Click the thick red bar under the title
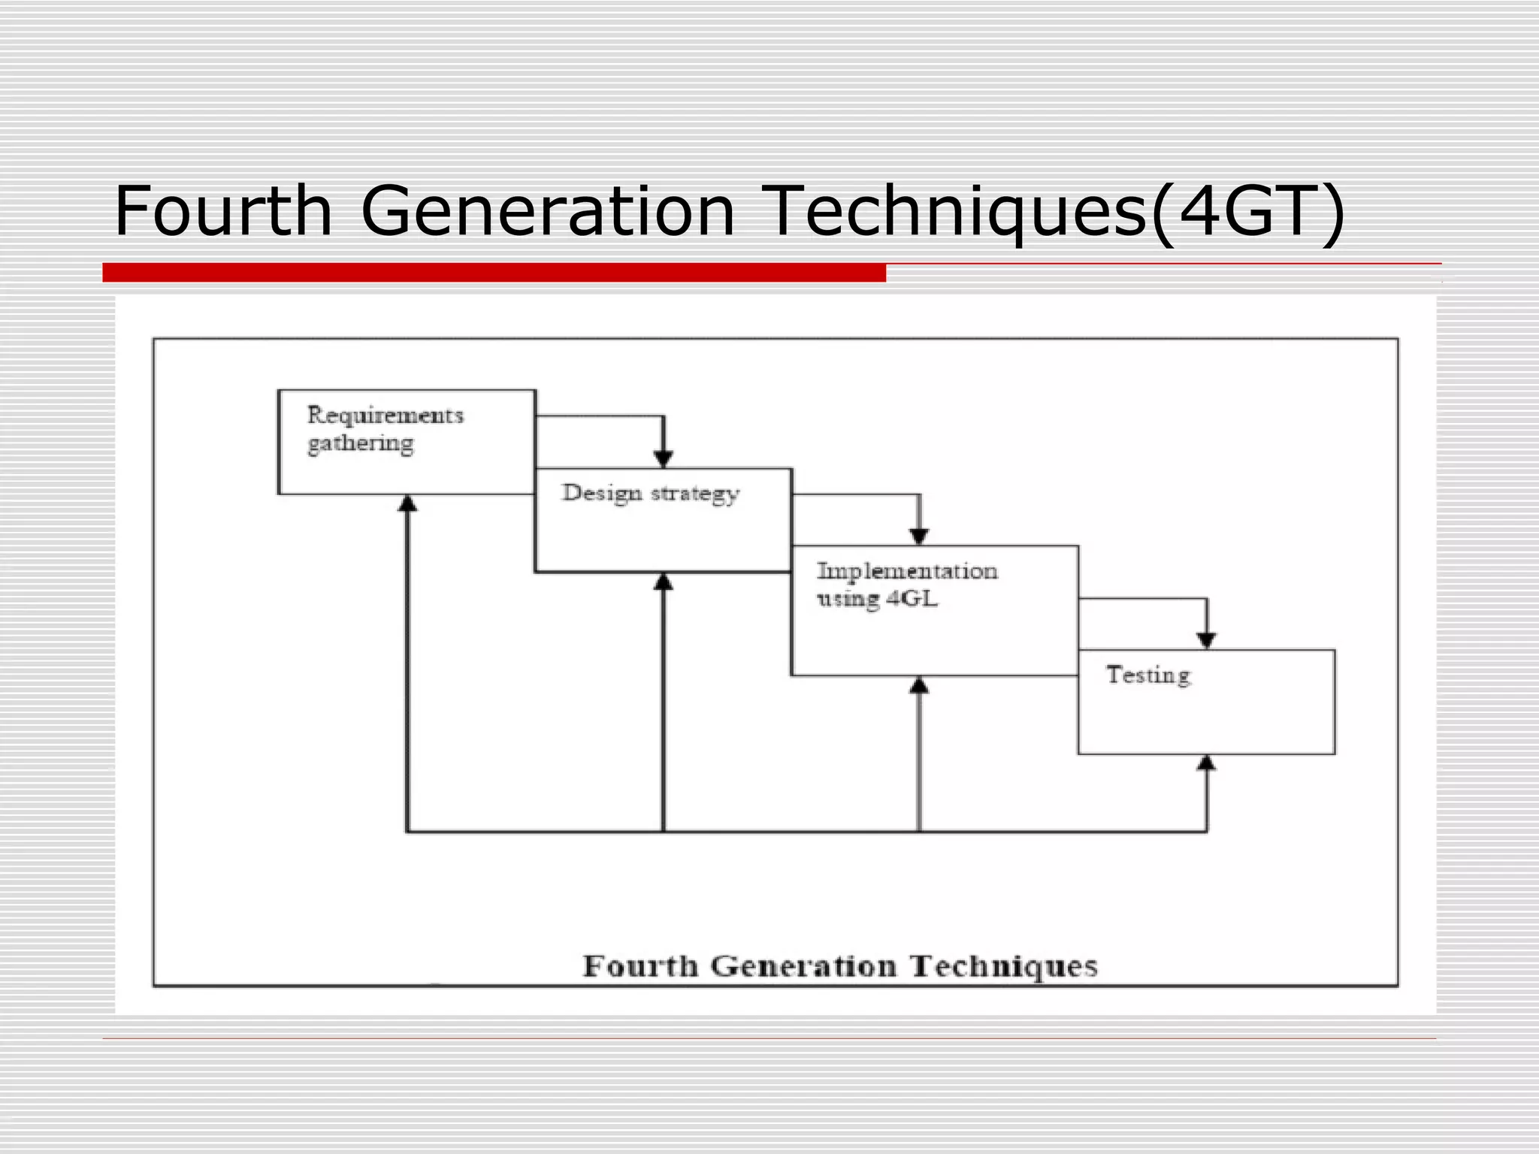pos(494,273)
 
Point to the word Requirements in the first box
pos(386,415)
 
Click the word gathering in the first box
pos(361,443)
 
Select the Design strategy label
pos(651,494)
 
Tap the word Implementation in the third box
pos(907,571)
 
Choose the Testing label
pos(1148,675)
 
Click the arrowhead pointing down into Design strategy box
pos(663,458)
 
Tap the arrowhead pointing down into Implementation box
pos(919,536)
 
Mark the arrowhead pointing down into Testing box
pos(1206,640)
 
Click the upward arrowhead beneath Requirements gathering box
pos(407,503)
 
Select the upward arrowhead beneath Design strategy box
pos(663,582)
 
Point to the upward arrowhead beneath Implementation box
pos(919,685)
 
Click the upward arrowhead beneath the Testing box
pos(1206,763)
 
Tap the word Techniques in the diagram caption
pos(1004,966)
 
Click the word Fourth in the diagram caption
pos(640,966)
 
